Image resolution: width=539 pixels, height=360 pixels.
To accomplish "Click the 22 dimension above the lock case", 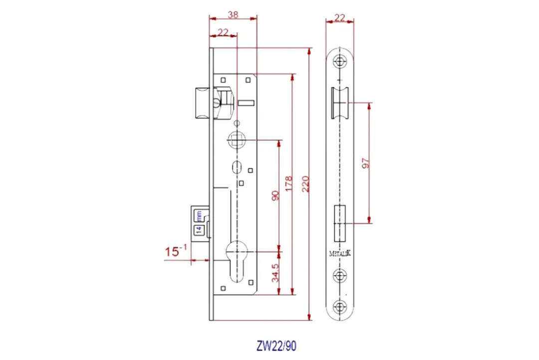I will point(223,32).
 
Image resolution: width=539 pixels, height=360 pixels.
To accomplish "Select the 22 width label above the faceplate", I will point(339,18).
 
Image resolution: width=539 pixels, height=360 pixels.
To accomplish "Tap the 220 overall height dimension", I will point(304,184).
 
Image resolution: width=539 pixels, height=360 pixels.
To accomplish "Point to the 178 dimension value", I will point(288,184).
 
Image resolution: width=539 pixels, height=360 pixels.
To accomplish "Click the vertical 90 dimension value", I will point(274,195).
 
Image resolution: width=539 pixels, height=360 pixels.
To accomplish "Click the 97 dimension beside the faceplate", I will point(365,163).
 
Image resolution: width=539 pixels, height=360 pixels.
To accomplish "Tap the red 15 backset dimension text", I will point(173,252).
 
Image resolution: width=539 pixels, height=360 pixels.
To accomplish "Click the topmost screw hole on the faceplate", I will point(340,62).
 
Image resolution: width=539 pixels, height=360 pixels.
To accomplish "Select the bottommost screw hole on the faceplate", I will point(340,307).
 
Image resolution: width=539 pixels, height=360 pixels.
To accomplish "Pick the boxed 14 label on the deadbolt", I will point(198,230).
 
